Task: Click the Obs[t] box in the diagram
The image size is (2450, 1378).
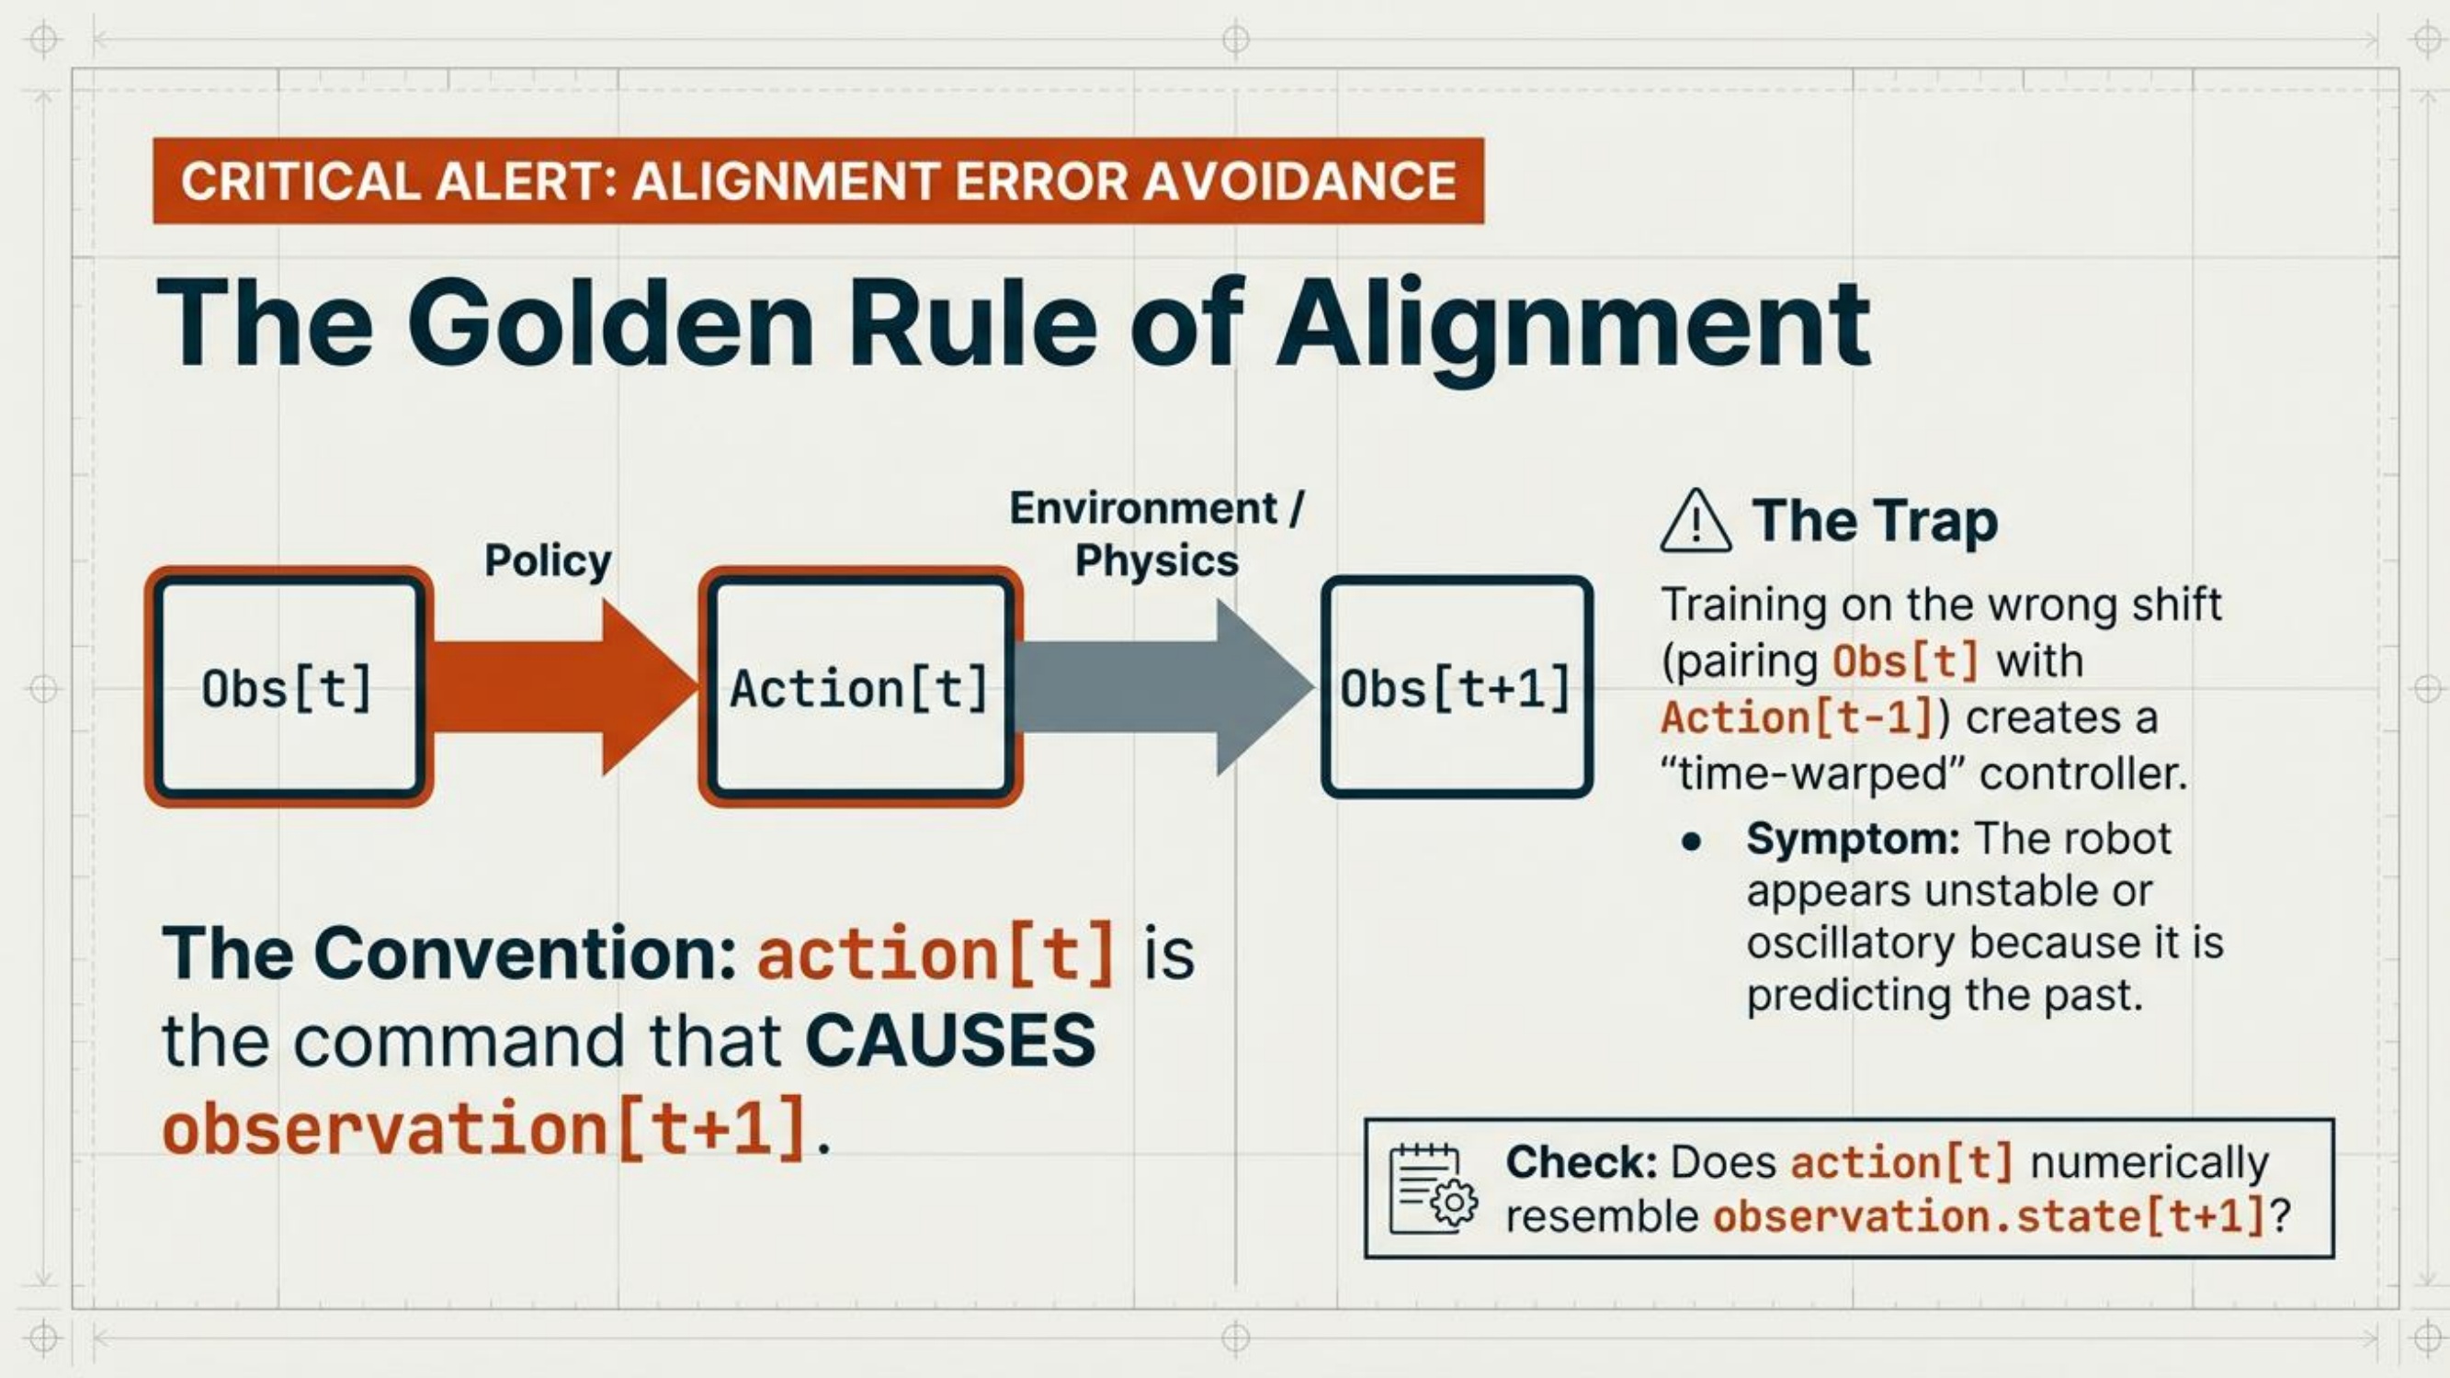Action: [289, 686]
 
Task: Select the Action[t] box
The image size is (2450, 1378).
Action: [861, 686]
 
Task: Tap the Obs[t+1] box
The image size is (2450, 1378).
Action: [1456, 686]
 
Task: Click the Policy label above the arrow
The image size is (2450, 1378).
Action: [548, 560]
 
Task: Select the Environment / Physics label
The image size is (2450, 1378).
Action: [1156, 534]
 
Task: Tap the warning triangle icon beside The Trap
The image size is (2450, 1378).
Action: [1695, 521]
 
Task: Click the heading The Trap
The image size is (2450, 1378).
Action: [1875, 521]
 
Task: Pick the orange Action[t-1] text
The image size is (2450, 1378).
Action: [1798, 717]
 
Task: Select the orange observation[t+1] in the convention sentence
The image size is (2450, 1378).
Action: [485, 1128]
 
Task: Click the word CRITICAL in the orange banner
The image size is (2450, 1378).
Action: [301, 181]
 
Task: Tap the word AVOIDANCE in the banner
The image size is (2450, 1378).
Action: [1299, 181]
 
